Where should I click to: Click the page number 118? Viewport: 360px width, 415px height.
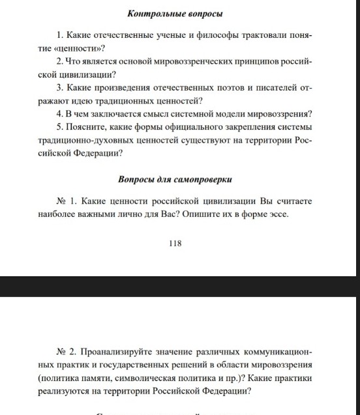pyautogui.click(x=174, y=243)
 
